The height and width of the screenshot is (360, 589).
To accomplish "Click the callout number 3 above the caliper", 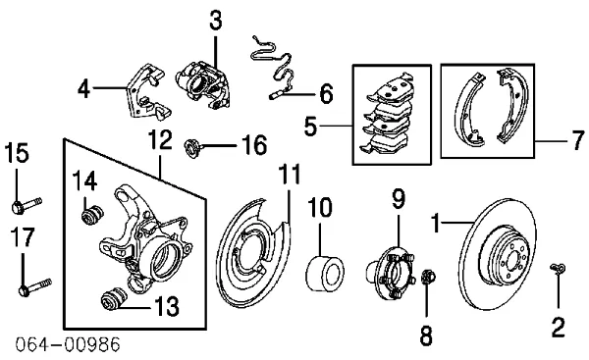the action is click(x=216, y=21).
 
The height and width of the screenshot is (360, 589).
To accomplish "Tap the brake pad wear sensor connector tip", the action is click(x=273, y=97).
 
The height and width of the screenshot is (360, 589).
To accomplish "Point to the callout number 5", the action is click(x=310, y=127).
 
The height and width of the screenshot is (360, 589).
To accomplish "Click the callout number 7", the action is click(x=579, y=140).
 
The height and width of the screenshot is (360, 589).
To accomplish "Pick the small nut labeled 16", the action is click(x=193, y=147).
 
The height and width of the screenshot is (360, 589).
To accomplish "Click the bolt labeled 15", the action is click(x=27, y=205).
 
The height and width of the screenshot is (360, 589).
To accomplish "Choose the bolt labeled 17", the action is click(x=34, y=286).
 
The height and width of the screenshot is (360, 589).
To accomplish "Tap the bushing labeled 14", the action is click(x=92, y=216).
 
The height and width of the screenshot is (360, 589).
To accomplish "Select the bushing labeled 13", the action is click(x=115, y=299).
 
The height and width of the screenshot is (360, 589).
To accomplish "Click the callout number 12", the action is click(x=160, y=140).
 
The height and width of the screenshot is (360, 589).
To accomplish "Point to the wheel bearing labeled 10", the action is click(x=325, y=274).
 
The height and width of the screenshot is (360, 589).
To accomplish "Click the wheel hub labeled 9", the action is click(x=391, y=273).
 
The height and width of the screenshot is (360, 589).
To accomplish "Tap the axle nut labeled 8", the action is click(x=428, y=277).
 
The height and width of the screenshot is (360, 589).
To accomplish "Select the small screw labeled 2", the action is click(x=559, y=269).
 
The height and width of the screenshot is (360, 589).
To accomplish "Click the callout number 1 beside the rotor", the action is click(x=435, y=223).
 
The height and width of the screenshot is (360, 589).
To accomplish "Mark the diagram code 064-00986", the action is click(x=68, y=344).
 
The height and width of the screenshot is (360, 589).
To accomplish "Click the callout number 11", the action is click(x=290, y=175).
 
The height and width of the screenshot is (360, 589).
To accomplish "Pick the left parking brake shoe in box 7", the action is click(x=469, y=111).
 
